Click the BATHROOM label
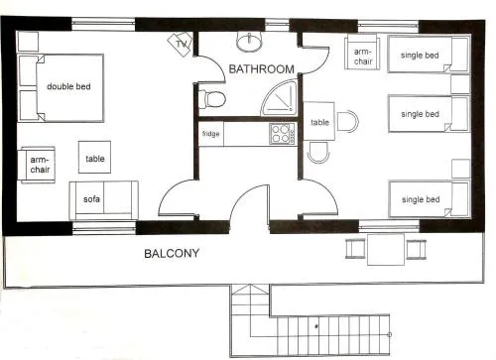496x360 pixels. (x=261, y=68)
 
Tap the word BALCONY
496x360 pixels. (x=172, y=253)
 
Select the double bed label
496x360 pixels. (x=68, y=86)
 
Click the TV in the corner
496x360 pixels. (x=180, y=44)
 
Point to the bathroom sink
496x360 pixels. (x=249, y=42)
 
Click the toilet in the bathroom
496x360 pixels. (x=212, y=99)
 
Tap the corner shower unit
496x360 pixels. (x=279, y=98)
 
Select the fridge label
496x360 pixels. (x=210, y=134)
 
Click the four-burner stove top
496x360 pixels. (x=282, y=134)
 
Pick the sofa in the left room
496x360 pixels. (x=103, y=200)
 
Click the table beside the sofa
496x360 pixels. (x=94, y=157)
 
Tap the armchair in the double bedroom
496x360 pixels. (x=38, y=165)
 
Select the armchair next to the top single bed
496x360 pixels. (x=362, y=53)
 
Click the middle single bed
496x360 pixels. (x=429, y=114)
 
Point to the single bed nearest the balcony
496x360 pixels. (x=430, y=199)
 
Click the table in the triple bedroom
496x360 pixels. (x=319, y=121)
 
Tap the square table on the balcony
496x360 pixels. (x=386, y=249)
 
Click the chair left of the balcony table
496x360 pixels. (x=355, y=249)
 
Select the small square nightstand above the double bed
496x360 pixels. (x=28, y=42)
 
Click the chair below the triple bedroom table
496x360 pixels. (x=318, y=152)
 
